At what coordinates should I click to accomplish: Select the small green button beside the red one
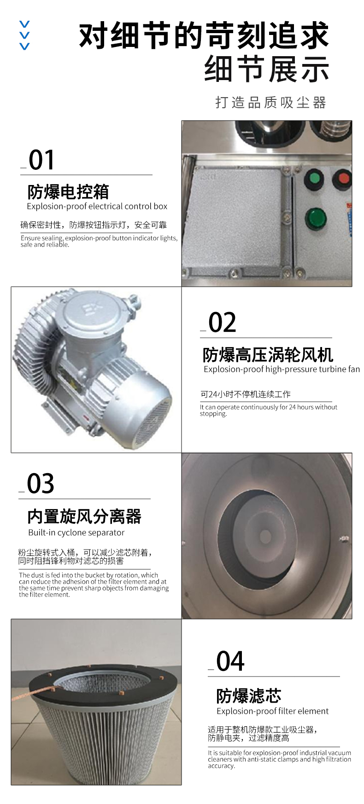pyautogui.click(x=314, y=179)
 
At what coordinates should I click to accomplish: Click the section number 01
pyautogui.click(x=41, y=160)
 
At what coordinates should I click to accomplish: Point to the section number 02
pyautogui.click(x=222, y=323)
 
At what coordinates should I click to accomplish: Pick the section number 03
pyautogui.click(x=41, y=484)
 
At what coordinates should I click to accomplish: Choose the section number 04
pyautogui.click(x=230, y=661)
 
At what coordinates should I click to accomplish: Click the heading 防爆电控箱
pyautogui.click(x=68, y=191)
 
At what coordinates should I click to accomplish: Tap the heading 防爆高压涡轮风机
pyautogui.click(x=268, y=355)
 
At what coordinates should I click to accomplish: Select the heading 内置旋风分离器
pyautogui.click(x=84, y=516)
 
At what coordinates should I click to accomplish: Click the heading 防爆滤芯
pyautogui.click(x=249, y=696)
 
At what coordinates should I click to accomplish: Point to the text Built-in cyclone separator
pyautogui.click(x=76, y=532)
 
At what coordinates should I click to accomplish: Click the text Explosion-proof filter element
pyautogui.click(x=273, y=711)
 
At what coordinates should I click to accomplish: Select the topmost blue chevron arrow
pyautogui.click(x=24, y=24)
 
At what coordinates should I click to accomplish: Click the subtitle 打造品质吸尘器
pyautogui.click(x=271, y=102)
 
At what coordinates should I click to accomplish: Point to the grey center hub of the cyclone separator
pyautogui.click(x=265, y=537)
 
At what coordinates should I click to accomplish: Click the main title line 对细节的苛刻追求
pyautogui.click(x=204, y=36)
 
